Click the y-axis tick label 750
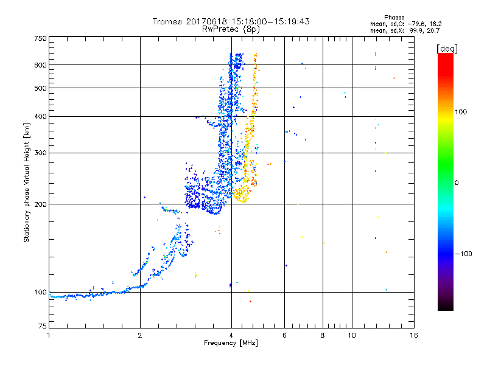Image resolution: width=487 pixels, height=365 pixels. tap(40, 38)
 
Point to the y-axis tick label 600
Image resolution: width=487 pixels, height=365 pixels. tap(40, 64)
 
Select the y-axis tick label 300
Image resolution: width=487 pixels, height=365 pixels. tap(40, 153)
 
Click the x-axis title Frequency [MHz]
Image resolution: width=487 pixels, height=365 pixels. tap(231, 344)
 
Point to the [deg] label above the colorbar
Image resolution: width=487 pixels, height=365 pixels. tap(447, 48)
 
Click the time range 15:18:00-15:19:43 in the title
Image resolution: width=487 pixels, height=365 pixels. tap(268, 21)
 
